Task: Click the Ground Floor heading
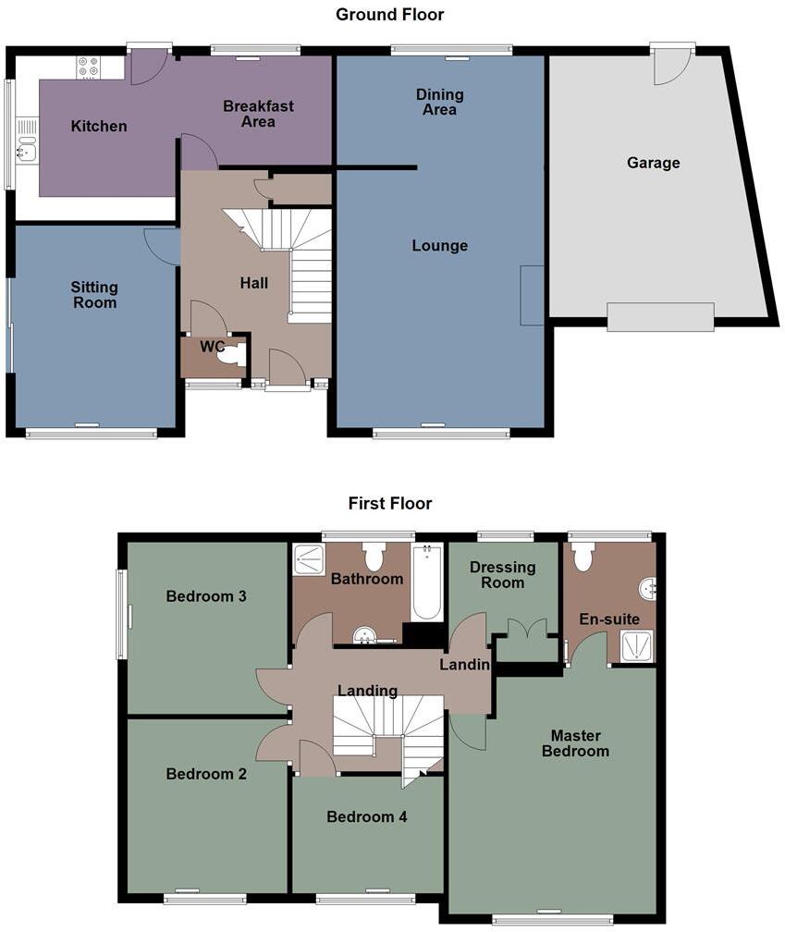point(389,15)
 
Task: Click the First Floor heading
point(389,504)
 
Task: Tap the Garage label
point(653,163)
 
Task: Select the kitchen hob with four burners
point(89,67)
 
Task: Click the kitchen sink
point(26,148)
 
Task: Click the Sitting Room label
point(94,294)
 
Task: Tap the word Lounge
point(439,246)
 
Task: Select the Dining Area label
point(439,102)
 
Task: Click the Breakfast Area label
point(258,113)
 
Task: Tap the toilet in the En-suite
point(583,557)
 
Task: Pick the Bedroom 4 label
point(366,816)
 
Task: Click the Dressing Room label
point(502,574)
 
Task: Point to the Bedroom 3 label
point(206,596)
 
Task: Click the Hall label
point(254,283)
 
